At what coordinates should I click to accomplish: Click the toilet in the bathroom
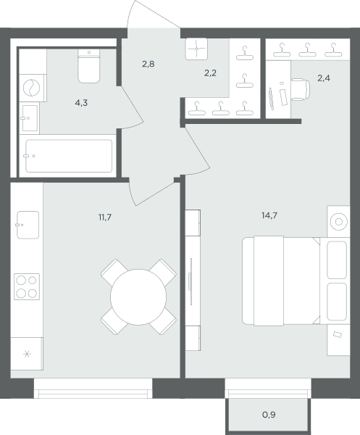tap(88, 66)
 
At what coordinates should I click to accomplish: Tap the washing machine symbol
tap(32, 88)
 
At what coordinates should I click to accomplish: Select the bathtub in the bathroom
tap(69, 156)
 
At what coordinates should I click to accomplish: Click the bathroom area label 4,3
tap(81, 103)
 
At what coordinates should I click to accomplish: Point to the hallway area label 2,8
tap(148, 64)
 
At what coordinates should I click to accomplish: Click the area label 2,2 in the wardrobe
tap(210, 73)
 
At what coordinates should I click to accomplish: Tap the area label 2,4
tap(324, 78)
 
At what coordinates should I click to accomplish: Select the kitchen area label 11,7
tap(105, 217)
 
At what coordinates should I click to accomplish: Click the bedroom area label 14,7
tap(269, 215)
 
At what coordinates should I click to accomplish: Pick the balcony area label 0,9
tap(269, 415)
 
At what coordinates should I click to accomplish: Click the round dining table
tap(138, 297)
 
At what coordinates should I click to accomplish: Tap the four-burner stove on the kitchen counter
tap(27, 286)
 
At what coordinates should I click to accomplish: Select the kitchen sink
tap(28, 225)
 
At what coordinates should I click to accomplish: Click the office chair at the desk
tap(301, 90)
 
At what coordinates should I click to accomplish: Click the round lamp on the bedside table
tap(339, 222)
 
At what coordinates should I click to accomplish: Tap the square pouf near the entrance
tap(196, 49)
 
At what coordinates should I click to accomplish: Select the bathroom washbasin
tap(30, 118)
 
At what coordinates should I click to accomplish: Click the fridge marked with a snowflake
tap(27, 354)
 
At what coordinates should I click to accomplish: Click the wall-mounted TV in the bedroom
tap(191, 281)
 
